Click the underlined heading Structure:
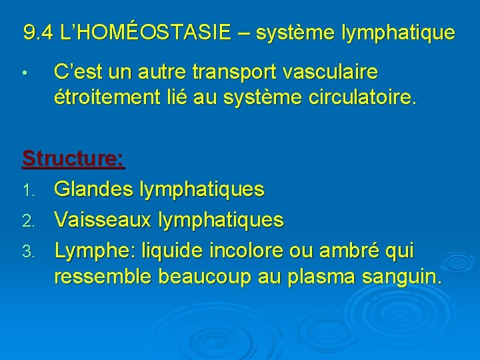pyautogui.click(x=73, y=159)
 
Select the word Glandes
pyautogui.click(x=93, y=189)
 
